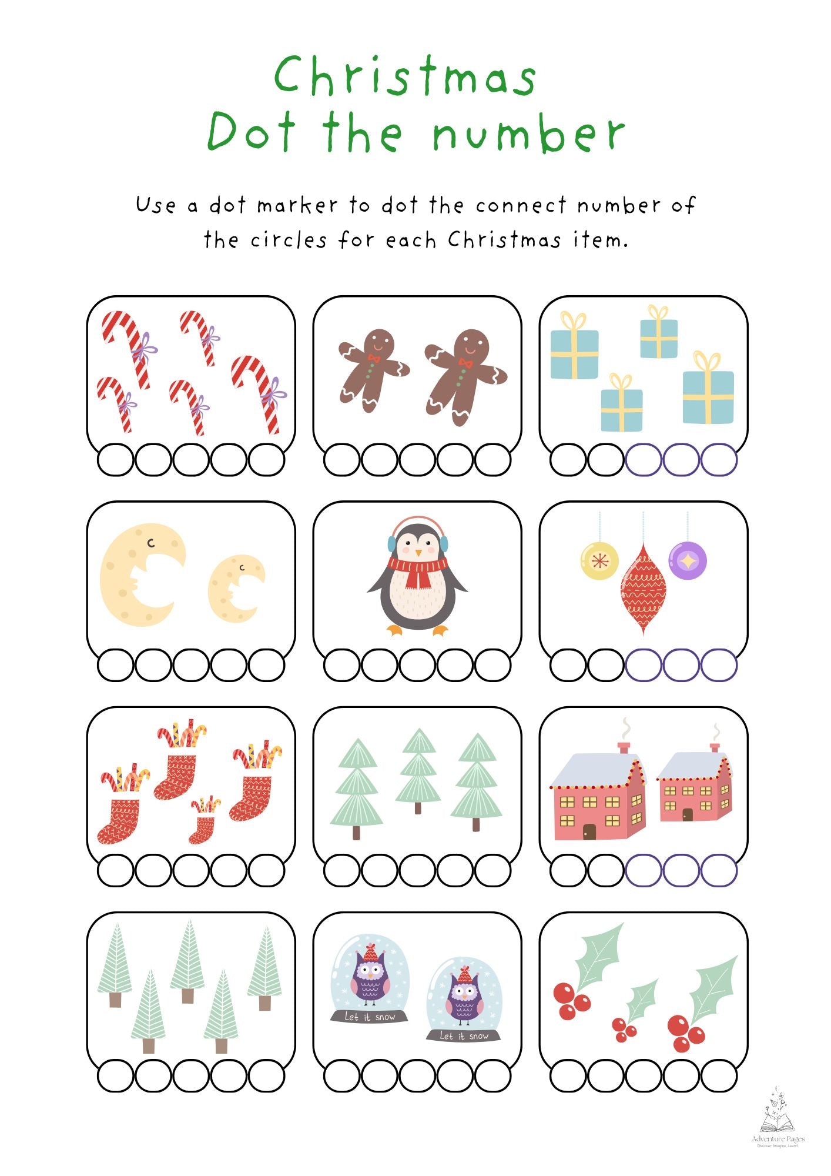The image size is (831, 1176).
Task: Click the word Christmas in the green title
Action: tap(405, 76)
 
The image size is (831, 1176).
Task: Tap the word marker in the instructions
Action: tap(297, 205)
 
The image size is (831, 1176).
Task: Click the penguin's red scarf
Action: tap(418, 570)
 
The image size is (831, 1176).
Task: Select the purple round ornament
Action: tap(687, 560)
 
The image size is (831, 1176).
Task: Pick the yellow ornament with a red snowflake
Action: tap(599, 561)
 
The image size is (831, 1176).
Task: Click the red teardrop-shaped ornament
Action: tap(644, 588)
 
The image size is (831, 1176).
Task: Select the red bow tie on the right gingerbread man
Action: tap(465, 363)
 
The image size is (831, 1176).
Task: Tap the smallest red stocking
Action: tap(202, 823)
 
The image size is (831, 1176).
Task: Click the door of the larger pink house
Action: tap(589, 831)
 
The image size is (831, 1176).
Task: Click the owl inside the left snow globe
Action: tap(370, 976)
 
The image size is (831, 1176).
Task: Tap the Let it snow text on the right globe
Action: tap(464, 1036)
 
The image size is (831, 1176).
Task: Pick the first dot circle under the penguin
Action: tap(341, 665)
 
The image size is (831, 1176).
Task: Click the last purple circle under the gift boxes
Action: tap(719, 460)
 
